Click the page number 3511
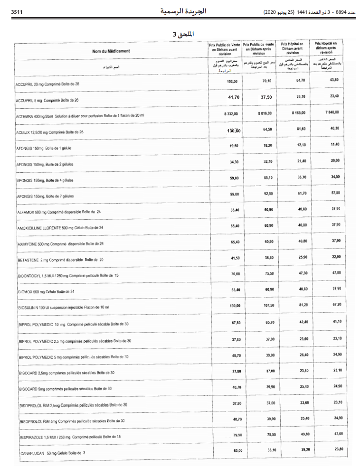coord(17,10)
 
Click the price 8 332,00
coord(234,114)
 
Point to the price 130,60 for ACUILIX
coord(234,131)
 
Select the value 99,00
coord(234,194)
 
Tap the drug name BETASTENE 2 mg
coord(60,260)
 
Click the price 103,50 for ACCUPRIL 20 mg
coord(232,82)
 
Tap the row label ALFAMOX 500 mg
coord(59,212)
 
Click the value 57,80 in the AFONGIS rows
coord(335,193)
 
